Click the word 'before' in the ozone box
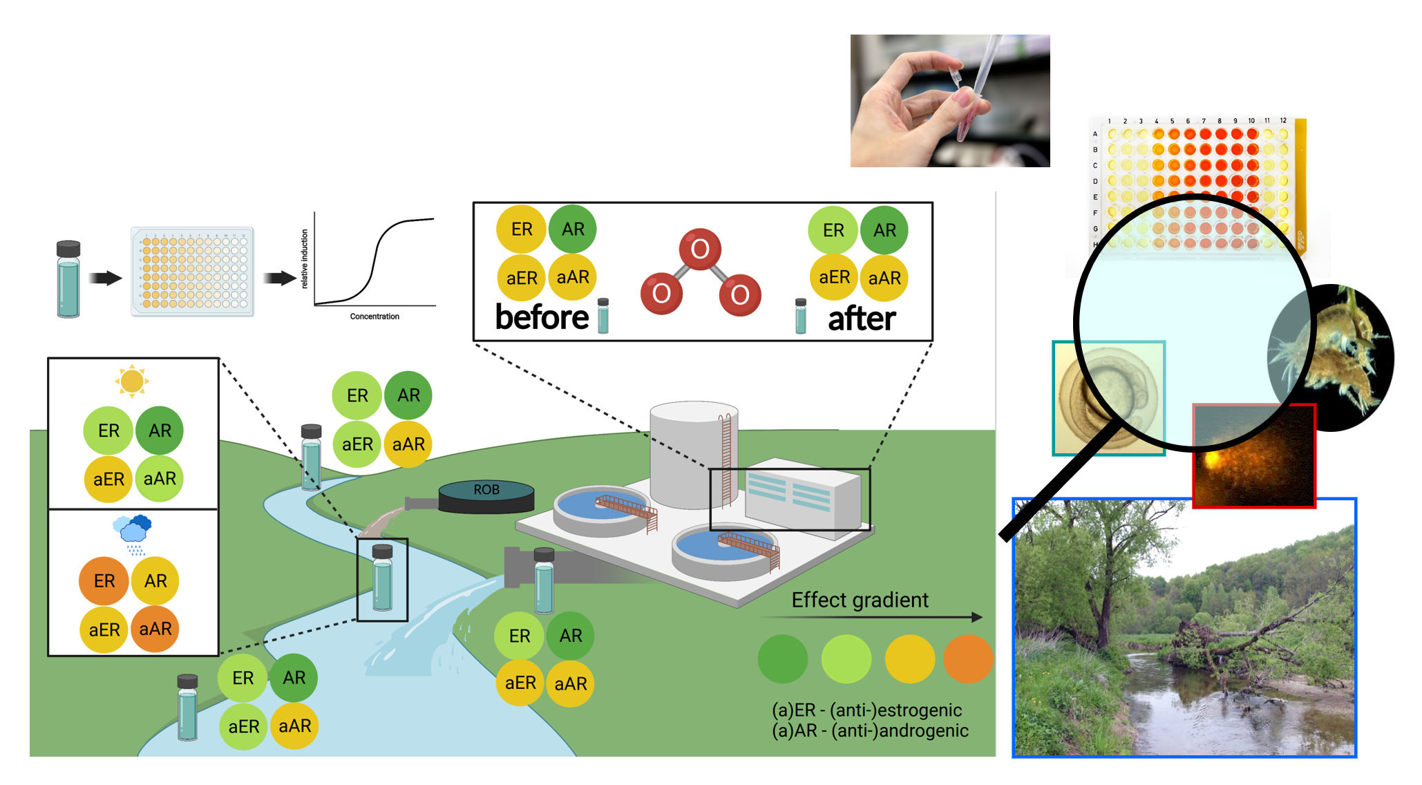tap(542, 318)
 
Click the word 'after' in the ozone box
tap(862, 319)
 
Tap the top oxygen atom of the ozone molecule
tap(700, 249)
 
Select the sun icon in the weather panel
tap(132, 381)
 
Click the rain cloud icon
tap(133, 531)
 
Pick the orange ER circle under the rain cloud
tap(104, 580)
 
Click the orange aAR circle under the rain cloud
tap(155, 629)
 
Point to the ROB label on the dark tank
tap(486, 490)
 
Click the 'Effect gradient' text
tap(860, 600)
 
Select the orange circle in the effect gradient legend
tap(967, 659)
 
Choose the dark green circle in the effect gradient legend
tap(783, 659)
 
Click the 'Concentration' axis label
tap(375, 316)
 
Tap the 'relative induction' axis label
tap(305, 259)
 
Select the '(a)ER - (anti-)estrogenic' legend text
tap(866, 710)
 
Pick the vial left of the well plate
tap(68, 279)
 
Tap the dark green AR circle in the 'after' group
tap(884, 230)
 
